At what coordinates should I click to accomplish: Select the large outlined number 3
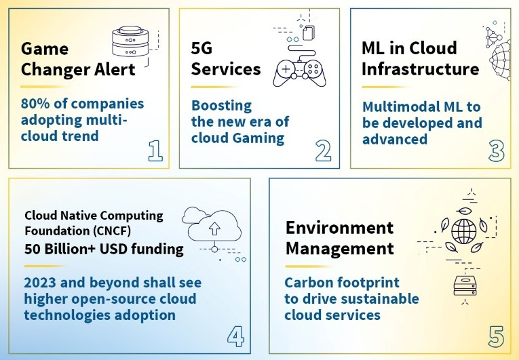496,151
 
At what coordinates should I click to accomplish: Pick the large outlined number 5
497,336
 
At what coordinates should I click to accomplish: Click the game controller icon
299,70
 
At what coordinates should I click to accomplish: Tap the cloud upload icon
215,227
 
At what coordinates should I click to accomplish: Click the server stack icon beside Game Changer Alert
131,43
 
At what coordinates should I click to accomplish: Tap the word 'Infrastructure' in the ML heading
420,69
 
